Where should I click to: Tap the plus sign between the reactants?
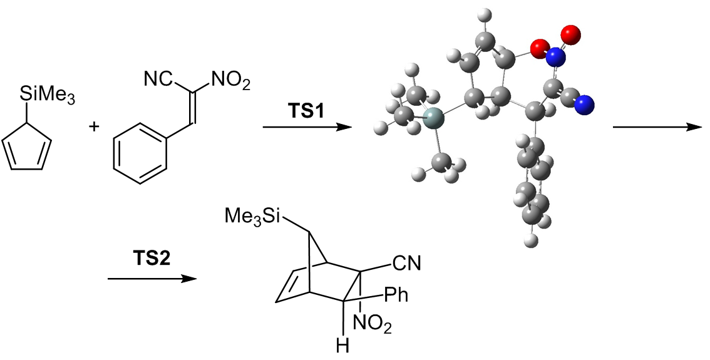(95, 127)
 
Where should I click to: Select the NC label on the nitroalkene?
(157, 80)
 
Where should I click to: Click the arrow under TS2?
(148, 277)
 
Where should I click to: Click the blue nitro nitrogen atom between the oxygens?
(555, 58)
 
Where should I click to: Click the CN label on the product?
(407, 264)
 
